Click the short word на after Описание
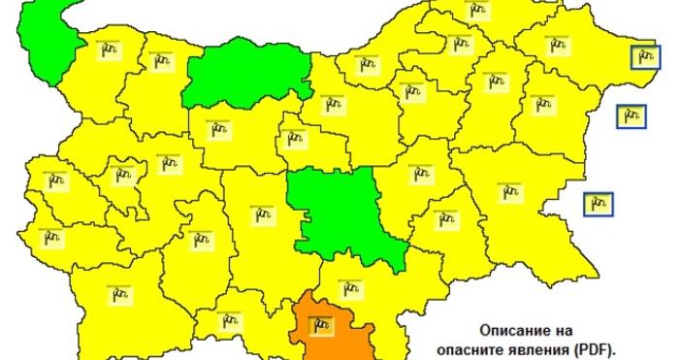pos(568,329)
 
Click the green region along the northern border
pos(247,73)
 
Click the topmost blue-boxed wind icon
pos(644,57)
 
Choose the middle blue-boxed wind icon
pos(632,116)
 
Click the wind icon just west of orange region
pos(229,317)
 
